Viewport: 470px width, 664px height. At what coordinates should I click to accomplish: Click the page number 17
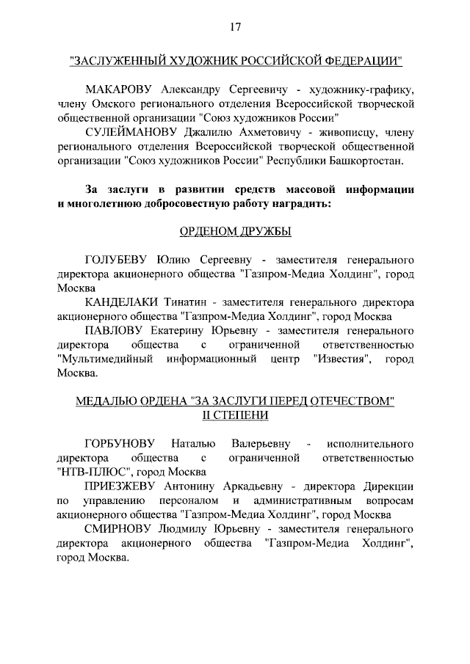[235, 28]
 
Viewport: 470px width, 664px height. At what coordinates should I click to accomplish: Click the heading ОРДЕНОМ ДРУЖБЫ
[235, 231]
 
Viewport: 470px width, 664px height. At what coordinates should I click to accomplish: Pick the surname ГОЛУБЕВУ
[117, 260]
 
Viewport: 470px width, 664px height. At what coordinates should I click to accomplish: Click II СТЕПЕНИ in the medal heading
[235, 415]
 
